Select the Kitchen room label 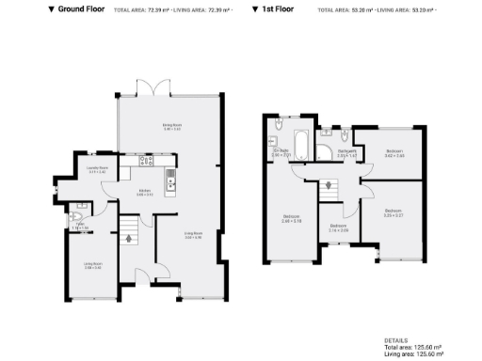(x=145, y=193)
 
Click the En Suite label (x=280, y=151)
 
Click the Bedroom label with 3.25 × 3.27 (x=393, y=212)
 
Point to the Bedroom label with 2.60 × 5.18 (x=292, y=219)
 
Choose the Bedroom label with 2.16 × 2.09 (x=338, y=228)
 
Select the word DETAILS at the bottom (x=396, y=340)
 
